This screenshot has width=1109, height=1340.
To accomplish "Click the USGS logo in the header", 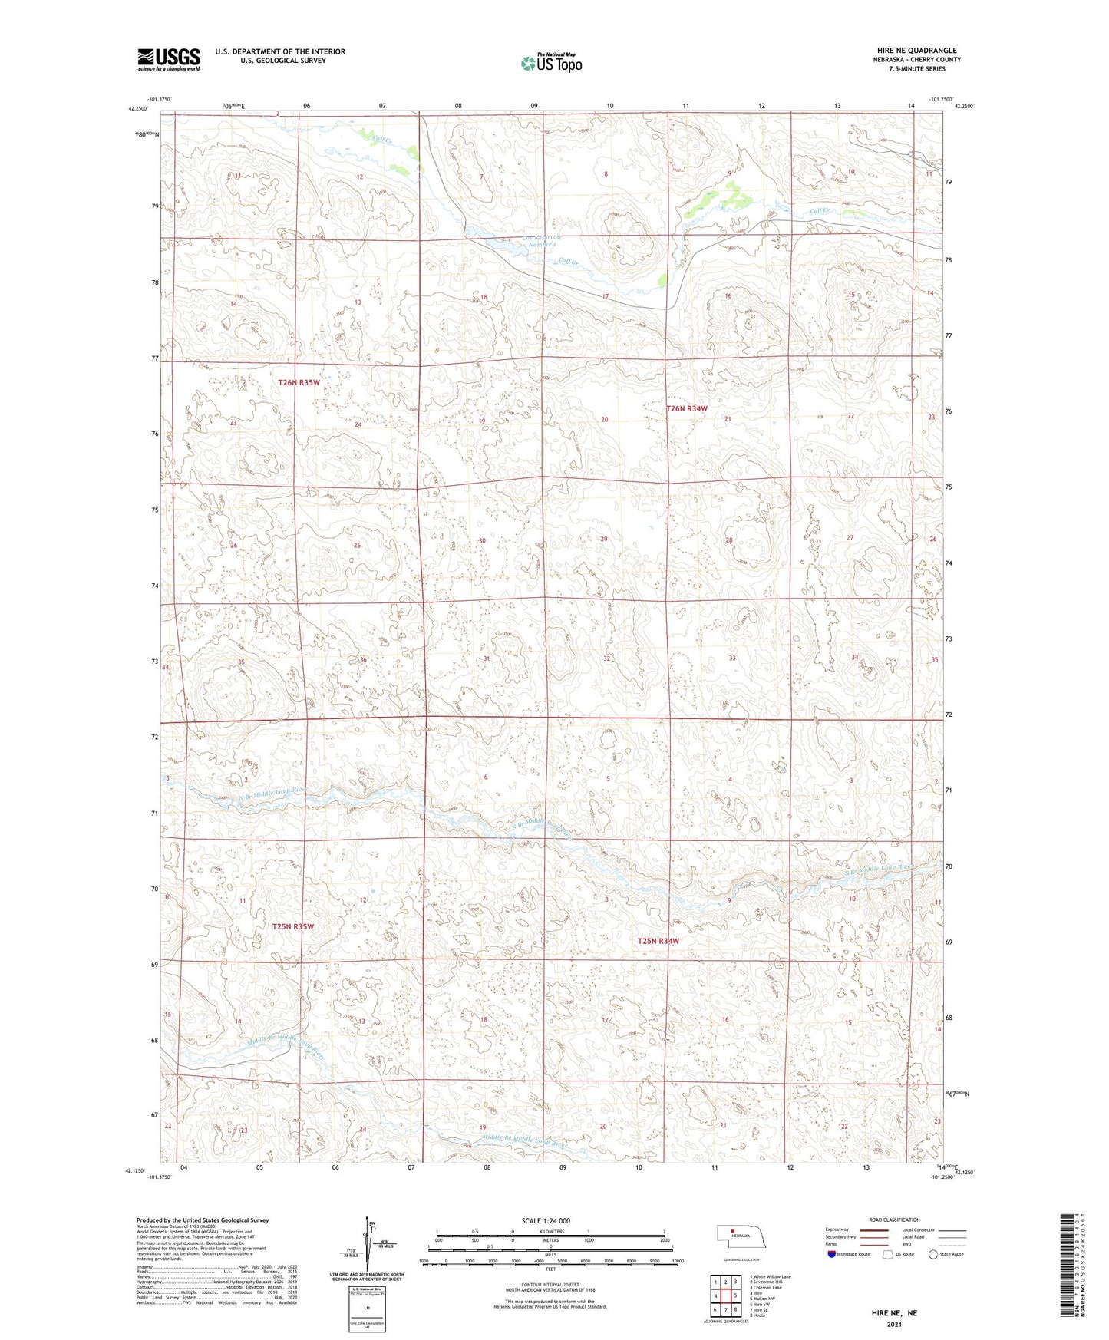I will (x=168, y=59).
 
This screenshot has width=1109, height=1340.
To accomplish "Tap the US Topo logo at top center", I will (x=550, y=63).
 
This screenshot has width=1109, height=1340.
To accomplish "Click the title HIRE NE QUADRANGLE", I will (x=916, y=51).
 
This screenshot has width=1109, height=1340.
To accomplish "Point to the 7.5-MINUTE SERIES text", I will (x=916, y=69).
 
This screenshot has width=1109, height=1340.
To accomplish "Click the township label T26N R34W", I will (x=686, y=409).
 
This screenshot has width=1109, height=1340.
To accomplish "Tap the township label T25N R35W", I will (x=293, y=926).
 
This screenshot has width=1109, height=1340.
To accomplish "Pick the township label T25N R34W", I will (x=658, y=941).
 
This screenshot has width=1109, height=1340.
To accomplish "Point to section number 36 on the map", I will (x=363, y=660).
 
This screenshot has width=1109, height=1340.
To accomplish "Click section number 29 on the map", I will (x=604, y=540).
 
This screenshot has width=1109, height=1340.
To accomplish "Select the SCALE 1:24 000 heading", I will (x=546, y=1220).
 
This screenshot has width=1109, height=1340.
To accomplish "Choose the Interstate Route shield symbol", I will (x=833, y=1254).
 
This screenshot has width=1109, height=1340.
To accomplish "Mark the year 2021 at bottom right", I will (x=893, y=1324).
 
